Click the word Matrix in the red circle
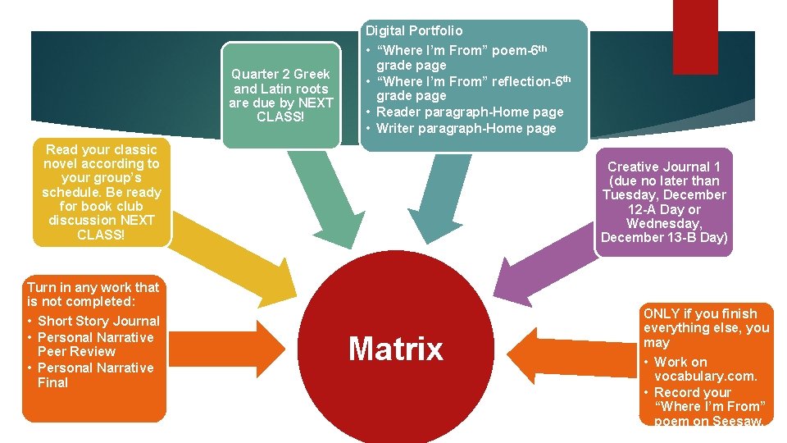[x=395, y=349]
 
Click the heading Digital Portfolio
[x=414, y=31]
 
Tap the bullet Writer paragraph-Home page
[x=466, y=128]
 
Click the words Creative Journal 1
[x=664, y=167]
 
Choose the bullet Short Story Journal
[x=98, y=321]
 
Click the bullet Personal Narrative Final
[x=94, y=375]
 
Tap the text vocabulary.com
[x=705, y=377]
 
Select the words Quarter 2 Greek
[x=280, y=74]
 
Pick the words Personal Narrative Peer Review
[x=94, y=345]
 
